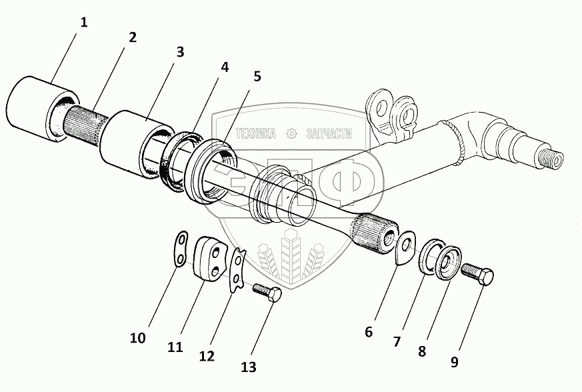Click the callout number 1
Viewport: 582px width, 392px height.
83,23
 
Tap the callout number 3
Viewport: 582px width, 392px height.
179,51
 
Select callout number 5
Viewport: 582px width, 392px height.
257,75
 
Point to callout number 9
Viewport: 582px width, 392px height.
454,362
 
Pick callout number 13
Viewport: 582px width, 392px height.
249,366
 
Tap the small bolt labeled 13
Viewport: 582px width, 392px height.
267,293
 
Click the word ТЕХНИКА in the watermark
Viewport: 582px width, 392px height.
251,134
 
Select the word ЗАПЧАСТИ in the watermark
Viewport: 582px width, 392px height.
328,134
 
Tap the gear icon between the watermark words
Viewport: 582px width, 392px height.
291,134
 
